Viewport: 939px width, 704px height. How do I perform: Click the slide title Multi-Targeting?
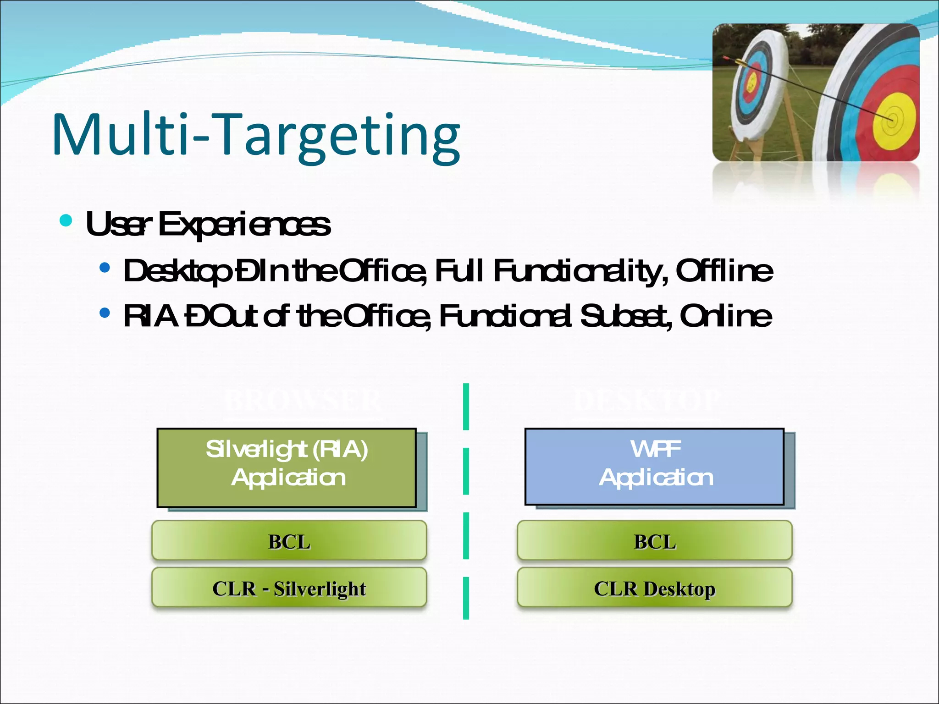pyautogui.click(x=256, y=136)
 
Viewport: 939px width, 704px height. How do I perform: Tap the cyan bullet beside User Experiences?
pyautogui.click(x=66, y=221)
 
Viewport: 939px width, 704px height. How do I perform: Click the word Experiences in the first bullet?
pyautogui.click(x=244, y=225)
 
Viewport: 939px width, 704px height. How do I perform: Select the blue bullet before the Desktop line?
pyautogui.click(x=105, y=268)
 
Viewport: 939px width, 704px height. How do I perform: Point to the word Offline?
pyautogui.click(x=724, y=271)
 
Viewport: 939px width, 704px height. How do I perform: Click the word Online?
pyautogui.click(x=726, y=316)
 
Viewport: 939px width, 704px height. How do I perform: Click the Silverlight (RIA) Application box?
pyautogui.click(x=287, y=467)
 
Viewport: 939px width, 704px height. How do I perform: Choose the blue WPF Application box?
pyautogui.click(x=655, y=467)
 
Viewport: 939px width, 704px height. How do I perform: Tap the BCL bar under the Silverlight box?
pyautogui.click(x=289, y=541)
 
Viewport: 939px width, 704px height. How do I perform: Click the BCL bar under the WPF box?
pyautogui.click(x=655, y=541)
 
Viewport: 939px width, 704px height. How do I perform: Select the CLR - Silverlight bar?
pyautogui.click(x=289, y=588)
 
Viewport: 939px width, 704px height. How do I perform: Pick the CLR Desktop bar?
pyautogui.click(x=655, y=588)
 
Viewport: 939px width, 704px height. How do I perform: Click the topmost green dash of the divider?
pyautogui.click(x=466, y=407)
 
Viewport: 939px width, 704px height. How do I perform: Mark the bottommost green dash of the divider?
pyautogui.click(x=466, y=598)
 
